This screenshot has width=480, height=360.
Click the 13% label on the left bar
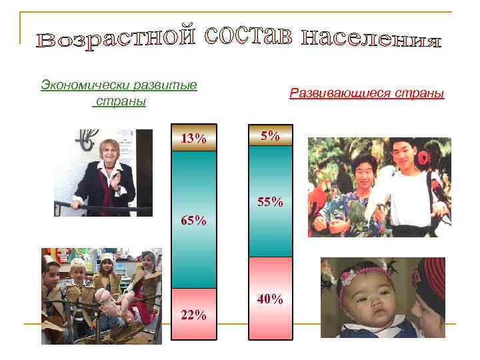click(193, 139)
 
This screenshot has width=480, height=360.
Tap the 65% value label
click(193, 221)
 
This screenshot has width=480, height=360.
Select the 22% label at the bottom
click(193, 315)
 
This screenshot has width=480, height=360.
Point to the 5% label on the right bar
click(270, 136)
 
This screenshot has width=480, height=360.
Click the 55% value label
click(271, 201)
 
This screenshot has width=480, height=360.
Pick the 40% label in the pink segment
click(270, 299)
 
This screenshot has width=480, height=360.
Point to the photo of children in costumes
click(101, 296)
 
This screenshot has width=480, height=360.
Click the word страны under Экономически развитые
click(121, 102)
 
